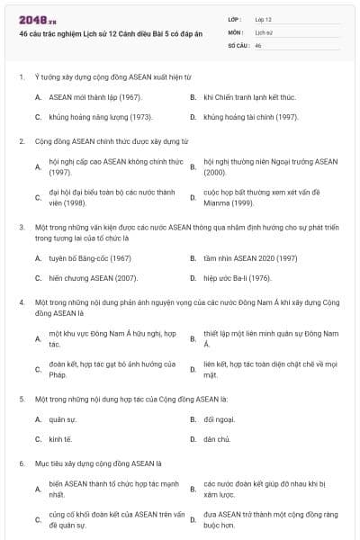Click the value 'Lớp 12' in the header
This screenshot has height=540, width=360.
265,18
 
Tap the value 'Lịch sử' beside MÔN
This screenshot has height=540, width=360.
264,31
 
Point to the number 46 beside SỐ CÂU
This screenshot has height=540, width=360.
258,45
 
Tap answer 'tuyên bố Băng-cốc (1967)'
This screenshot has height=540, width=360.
90,257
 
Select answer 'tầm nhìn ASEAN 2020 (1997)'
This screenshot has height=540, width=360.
250,257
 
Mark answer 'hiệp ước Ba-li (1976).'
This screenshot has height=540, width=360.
238,279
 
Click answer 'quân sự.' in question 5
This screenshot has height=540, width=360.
63,419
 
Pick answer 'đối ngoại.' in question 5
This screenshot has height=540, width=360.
220,419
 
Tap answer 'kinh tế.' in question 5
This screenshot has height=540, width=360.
61,439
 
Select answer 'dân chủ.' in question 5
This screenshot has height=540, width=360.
218,439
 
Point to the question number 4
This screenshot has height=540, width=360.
21,302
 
